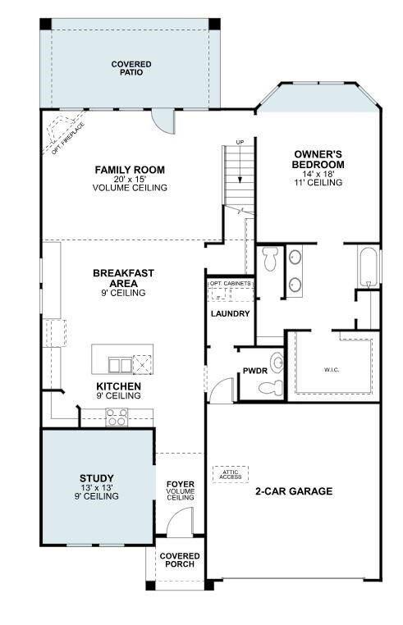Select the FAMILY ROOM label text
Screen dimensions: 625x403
click(x=130, y=170)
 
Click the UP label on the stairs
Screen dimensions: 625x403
click(x=240, y=143)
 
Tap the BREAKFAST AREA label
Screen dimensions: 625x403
click(x=123, y=278)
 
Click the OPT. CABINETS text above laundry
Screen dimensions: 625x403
click(x=230, y=284)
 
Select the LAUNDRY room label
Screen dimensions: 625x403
click(x=230, y=313)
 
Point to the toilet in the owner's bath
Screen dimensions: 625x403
click(x=270, y=261)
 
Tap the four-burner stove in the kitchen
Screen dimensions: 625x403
click(x=116, y=417)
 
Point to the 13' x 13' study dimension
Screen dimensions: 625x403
click(x=97, y=488)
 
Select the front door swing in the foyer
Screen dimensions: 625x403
click(x=181, y=522)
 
